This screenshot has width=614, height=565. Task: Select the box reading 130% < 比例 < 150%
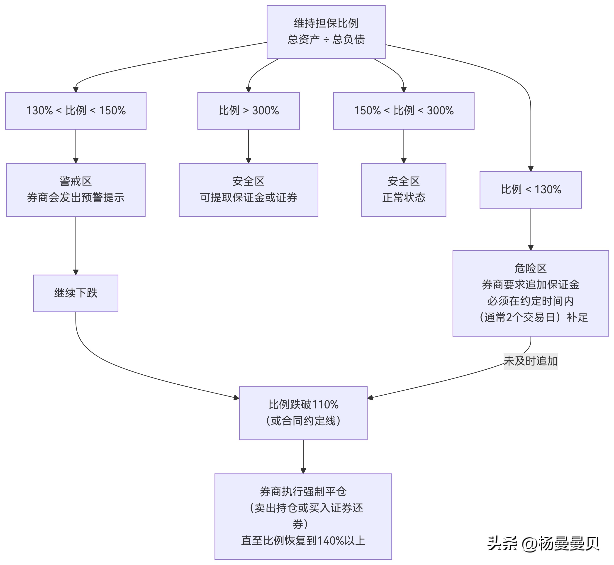[76, 111]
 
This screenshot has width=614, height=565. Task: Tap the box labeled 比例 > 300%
[248, 111]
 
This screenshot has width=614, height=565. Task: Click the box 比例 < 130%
[530, 189]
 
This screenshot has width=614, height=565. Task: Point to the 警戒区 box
[76, 189]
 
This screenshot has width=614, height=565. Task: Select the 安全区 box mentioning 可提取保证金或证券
[248, 189]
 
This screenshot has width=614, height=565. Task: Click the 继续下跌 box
[76, 293]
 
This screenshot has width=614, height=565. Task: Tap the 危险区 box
[530, 293]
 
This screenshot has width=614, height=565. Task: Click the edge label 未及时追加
[530, 361]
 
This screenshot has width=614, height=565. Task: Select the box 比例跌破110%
[303, 413]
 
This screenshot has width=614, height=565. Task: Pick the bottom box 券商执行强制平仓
[303, 517]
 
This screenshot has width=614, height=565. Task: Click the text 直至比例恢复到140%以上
[303, 540]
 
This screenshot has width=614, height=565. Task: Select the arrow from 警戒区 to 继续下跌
[76, 245]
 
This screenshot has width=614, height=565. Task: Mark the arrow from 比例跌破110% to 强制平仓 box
[303, 456]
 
